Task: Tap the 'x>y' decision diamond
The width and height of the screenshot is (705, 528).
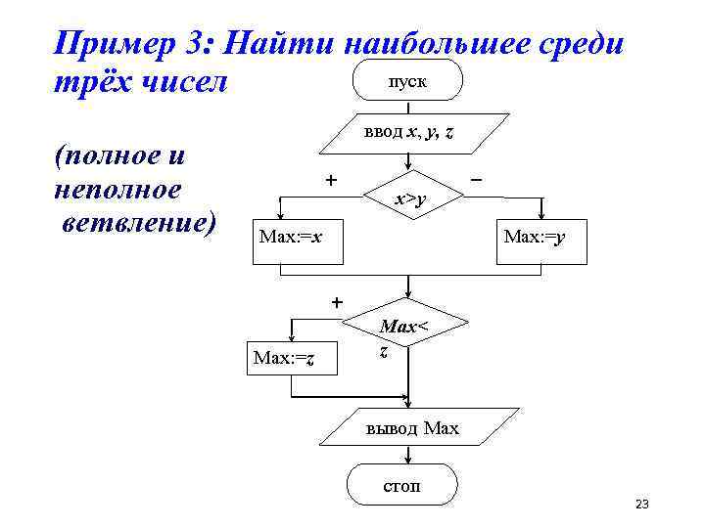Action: coord(410,200)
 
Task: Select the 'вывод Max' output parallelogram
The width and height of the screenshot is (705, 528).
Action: coord(411,427)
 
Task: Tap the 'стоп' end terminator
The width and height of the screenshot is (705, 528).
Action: coord(401,485)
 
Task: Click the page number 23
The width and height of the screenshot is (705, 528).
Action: coord(642,505)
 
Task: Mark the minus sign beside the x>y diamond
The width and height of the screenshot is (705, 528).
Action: coord(476,181)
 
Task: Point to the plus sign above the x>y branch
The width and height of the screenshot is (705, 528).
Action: coord(331,180)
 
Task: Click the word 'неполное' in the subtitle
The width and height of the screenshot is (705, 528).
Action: coord(118,189)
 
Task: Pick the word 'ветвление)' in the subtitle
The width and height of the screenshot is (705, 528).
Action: coord(137,221)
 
